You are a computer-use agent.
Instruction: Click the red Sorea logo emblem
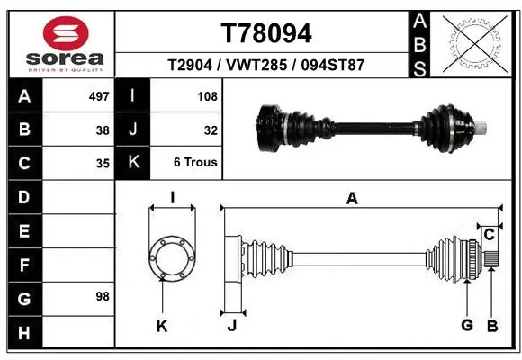click(66, 33)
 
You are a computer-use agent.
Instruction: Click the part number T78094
click(266, 33)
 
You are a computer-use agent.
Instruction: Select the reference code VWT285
click(256, 65)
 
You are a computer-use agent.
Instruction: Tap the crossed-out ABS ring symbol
click(475, 44)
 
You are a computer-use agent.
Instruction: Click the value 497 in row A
click(99, 96)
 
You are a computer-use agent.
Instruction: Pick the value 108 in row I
click(207, 96)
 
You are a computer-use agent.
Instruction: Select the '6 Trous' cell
click(195, 163)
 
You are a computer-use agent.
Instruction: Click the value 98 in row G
click(103, 296)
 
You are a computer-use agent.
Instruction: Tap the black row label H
click(24, 332)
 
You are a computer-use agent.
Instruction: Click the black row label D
click(24, 197)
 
